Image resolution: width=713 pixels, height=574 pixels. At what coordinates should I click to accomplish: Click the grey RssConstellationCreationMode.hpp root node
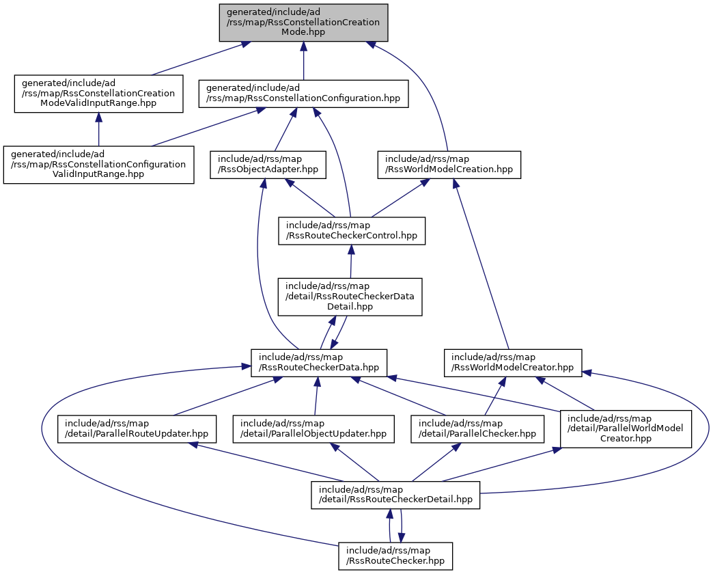303,23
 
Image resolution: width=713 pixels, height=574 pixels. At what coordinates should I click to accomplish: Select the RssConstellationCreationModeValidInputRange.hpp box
98,93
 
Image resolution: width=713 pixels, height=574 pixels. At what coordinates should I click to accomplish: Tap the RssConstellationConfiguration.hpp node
303,93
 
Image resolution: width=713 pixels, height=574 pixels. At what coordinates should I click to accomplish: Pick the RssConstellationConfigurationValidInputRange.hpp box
98,164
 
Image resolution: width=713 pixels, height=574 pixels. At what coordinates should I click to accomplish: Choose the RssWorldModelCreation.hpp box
449,164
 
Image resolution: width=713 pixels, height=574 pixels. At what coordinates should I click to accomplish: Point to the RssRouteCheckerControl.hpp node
351,231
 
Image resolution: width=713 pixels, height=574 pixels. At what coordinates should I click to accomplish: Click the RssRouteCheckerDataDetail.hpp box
350,297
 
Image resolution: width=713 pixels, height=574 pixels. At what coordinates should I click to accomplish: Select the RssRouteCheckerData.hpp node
319,362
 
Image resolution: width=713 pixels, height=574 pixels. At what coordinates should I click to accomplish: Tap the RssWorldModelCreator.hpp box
513,362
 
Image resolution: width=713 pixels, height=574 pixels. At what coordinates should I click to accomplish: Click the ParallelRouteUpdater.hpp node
137,428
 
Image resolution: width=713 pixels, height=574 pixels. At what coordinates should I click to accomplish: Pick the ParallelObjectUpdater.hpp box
313,428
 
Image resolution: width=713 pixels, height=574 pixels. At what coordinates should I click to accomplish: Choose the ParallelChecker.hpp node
477,428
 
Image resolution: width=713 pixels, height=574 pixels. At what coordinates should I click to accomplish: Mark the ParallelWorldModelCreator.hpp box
626,428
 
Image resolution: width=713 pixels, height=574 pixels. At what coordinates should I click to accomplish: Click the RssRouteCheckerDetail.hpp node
395,495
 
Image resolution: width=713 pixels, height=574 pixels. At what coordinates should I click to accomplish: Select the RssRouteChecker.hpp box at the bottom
395,556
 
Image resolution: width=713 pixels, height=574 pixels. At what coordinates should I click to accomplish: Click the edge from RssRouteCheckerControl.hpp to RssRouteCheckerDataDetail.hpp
351,263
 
